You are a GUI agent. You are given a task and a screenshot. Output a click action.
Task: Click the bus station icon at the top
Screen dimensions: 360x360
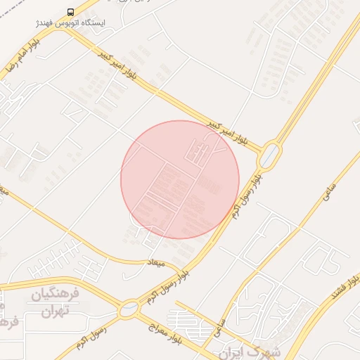coord(70,12)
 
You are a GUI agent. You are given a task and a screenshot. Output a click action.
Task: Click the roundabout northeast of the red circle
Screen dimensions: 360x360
coord(269,155)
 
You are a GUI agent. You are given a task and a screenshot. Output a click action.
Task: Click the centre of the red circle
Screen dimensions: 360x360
coord(180,179)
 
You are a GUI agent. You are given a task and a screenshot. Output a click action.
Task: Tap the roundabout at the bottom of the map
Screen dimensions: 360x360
coord(129,308)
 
